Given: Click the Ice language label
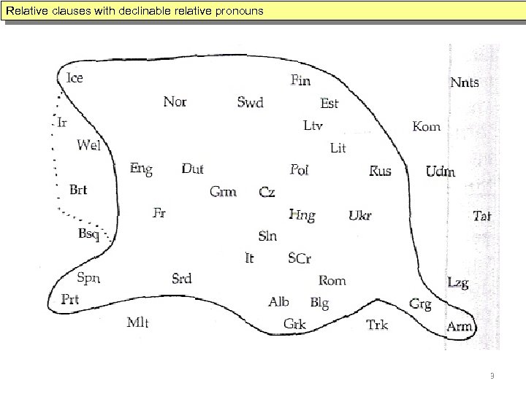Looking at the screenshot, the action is tap(75, 78).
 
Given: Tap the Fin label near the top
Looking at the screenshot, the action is tap(300, 80).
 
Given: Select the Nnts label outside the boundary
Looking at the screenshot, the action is tap(465, 82).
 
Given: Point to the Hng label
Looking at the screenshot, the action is tap(302, 215).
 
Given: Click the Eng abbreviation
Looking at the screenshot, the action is tap(141, 169).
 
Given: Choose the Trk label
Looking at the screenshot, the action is tap(377, 325).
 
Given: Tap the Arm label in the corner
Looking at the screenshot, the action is tap(460, 326).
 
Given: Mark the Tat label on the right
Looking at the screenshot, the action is tap(481, 215).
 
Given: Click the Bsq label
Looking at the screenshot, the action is tap(89, 233).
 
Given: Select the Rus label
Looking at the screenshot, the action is tap(380, 171).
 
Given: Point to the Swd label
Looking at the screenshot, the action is tap(250, 103).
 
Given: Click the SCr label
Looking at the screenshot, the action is tap(300, 258).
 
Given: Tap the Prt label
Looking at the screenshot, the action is tap(70, 299).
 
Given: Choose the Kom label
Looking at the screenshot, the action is tap(427, 126).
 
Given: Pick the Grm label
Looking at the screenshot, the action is tap(223, 192).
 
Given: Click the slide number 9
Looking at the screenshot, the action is tap(492, 376).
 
